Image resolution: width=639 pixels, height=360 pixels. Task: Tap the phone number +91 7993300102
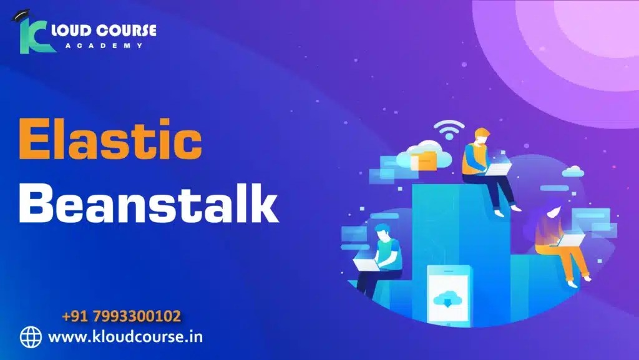click(122, 316)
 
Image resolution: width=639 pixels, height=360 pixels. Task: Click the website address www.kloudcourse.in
click(125, 337)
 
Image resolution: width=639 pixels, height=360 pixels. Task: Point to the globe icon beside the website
click(31, 337)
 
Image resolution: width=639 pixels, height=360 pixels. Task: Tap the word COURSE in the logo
click(129, 29)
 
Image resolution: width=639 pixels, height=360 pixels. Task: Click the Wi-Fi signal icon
click(449, 130)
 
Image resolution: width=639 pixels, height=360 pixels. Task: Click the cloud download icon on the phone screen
click(448, 298)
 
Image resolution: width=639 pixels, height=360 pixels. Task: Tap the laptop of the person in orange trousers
click(572, 239)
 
